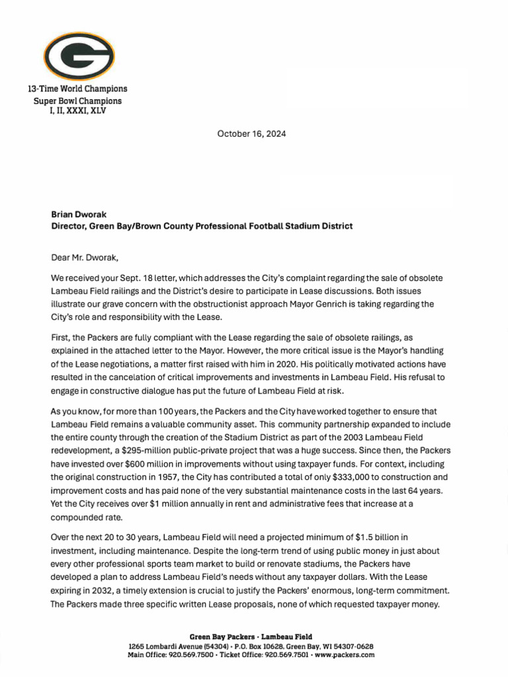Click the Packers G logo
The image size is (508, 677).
pyautogui.click(x=79, y=56)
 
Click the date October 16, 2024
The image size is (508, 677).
pyautogui.click(x=251, y=134)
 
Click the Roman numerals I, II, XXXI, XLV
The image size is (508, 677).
pyautogui.click(x=78, y=111)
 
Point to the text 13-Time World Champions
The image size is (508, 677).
pyautogui.click(x=77, y=89)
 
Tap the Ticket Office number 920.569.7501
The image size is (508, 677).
pyautogui.click(x=287, y=655)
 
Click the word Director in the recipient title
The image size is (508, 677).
pyautogui.click(x=68, y=226)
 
